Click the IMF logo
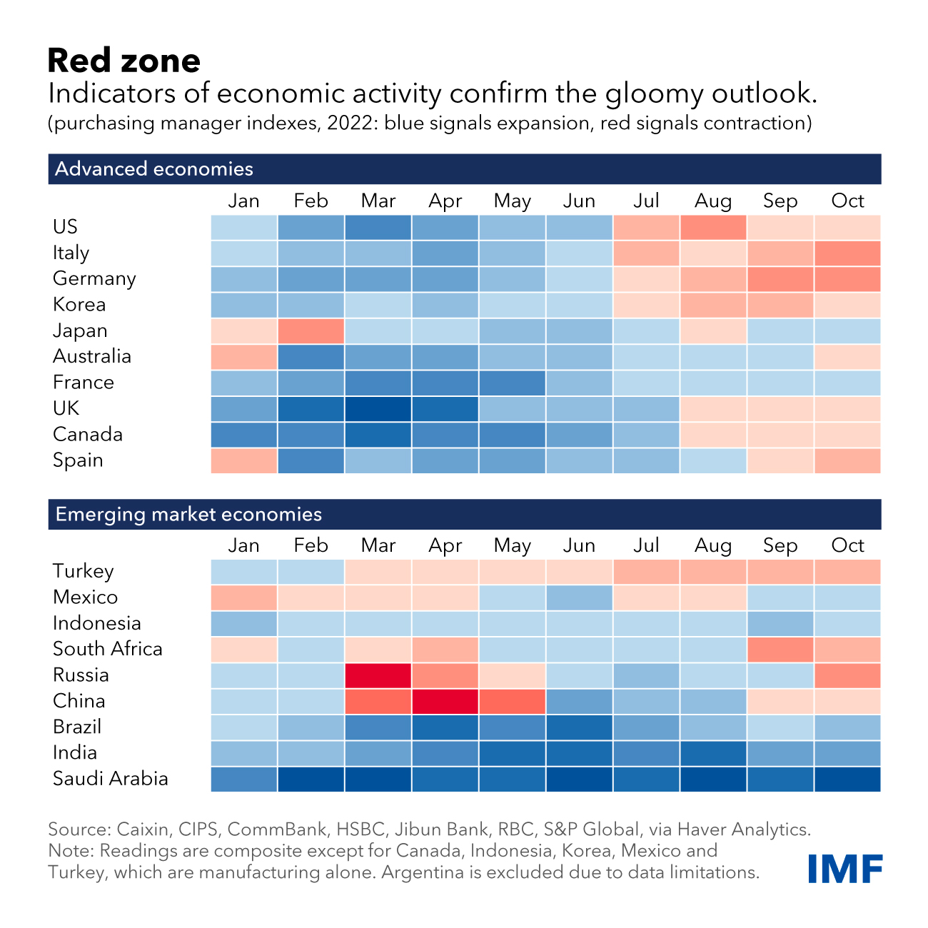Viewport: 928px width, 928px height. click(845, 868)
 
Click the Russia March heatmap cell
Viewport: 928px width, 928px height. click(378, 675)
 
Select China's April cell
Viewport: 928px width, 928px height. click(445, 701)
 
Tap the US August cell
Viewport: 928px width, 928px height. click(713, 227)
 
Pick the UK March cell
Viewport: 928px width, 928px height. click(378, 409)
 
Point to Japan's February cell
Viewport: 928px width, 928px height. click(311, 331)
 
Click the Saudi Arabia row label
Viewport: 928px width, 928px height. click(111, 779)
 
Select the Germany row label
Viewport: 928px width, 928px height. click(94, 278)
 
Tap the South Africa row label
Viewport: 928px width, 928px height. click(108, 649)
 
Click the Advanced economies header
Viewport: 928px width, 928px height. click(154, 169)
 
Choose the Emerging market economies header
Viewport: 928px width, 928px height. click(188, 515)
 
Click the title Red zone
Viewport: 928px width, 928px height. click(124, 61)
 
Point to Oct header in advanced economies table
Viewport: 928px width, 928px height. click(847, 201)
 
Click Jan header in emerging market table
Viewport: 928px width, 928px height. click(243, 546)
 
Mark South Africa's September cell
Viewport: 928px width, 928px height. click(780, 650)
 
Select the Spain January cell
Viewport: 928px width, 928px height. click(243, 461)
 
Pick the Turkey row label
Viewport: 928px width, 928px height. click(84, 571)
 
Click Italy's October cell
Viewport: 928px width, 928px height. click(847, 253)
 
